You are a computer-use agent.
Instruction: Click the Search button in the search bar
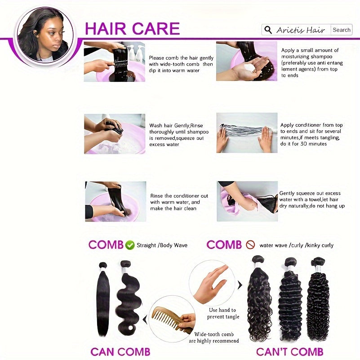click(341, 30)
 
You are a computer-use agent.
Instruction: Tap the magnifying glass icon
click(268, 30)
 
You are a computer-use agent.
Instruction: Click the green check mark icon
click(130, 245)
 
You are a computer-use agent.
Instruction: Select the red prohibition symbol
click(250, 245)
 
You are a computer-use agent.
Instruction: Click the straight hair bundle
click(102, 299)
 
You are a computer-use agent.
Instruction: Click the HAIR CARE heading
click(132, 28)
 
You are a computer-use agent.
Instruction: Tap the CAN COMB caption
click(120, 352)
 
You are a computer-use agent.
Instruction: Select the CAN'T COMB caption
click(289, 352)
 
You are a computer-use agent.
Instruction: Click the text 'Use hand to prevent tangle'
click(223, 313)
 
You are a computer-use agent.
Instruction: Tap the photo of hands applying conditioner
click(247, 133)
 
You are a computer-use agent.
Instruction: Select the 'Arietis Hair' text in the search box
click(301, 30)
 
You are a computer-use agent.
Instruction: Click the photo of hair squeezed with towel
click(247, 201)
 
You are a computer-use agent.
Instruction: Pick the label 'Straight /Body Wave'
click(162, 245)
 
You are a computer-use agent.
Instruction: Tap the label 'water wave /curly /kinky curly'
click(296, 245)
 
